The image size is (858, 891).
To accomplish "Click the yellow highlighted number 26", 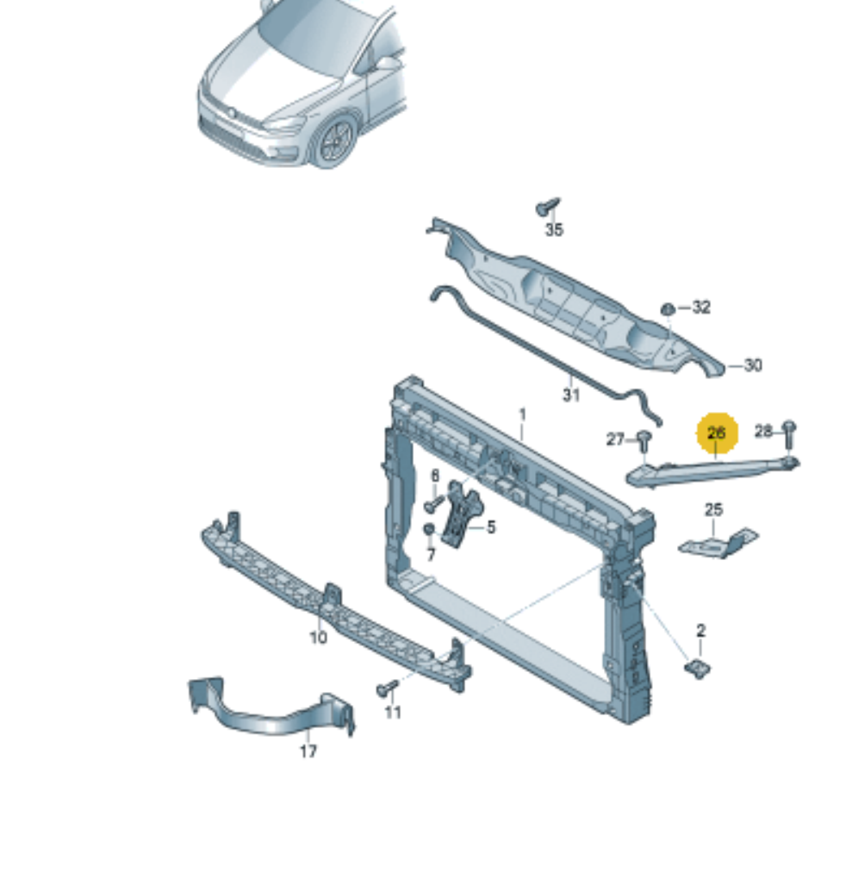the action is point(717,433).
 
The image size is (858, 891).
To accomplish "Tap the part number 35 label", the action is point(554,230).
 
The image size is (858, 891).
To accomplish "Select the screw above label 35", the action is point(549,206).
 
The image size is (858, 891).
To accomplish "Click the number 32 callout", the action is point(701,308).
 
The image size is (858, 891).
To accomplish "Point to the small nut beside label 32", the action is point(668,309).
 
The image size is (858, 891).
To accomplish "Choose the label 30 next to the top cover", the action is point(752,365).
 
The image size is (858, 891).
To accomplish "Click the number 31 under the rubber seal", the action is point(571,395).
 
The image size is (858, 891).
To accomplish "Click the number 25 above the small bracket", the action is point(713,510).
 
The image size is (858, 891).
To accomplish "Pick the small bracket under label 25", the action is point(718,543).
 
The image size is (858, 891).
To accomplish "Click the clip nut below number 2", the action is point(699,669).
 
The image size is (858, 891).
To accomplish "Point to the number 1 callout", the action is point(522,415).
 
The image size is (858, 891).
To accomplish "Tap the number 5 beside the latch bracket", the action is point(490,527).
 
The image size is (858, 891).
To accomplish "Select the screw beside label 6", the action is point(434,503).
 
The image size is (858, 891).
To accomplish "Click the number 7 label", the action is point(431,555).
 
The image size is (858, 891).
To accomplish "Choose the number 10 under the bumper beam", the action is point(318,638).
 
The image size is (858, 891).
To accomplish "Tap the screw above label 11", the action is point(389,688).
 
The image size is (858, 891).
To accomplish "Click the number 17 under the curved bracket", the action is point(308,751).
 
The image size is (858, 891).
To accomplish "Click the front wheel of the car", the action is point(335,140).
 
